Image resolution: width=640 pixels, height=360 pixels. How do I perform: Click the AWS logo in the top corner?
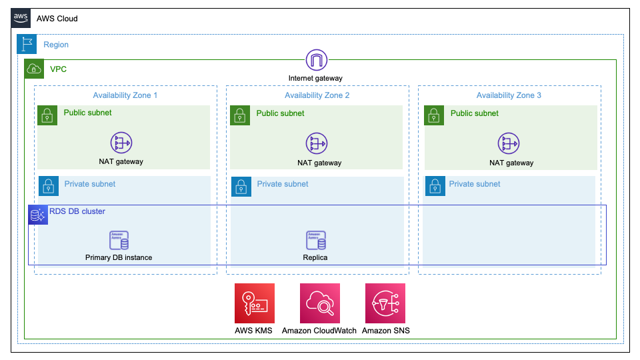click(21, 18)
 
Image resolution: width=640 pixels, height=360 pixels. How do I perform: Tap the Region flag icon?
click(27, 44)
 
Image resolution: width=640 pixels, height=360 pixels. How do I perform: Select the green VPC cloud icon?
click(34, 69)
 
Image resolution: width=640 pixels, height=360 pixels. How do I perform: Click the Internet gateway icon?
click(316, 61)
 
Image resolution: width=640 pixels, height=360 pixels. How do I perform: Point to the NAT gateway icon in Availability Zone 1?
click(121, 143)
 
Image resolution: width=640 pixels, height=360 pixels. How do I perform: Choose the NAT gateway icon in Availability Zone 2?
click(317, 144)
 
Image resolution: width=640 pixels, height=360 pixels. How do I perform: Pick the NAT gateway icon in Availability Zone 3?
click(509, 144)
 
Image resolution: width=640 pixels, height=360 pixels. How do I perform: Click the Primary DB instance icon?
click(119, 240)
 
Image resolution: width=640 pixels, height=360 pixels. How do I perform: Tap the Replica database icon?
click(316, 240)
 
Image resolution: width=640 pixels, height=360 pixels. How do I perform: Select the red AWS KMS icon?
click(255, 303)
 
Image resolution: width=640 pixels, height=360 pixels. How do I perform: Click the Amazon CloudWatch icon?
click(320, 303)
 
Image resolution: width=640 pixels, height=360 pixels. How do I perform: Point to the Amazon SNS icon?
click(385, 303)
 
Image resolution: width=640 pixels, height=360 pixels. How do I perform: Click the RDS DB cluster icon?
click(38, 215)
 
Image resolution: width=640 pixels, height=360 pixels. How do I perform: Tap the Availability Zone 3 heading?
click(509, 95)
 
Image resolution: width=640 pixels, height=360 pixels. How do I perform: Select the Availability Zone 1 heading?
click(125, 95)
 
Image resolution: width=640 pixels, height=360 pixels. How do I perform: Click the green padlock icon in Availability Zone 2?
click(240, 115)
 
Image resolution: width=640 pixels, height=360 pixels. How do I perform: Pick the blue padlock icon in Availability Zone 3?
click(435, 186)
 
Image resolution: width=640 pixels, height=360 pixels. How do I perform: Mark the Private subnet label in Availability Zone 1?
click(90, 184)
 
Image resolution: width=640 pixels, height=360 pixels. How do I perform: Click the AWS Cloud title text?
click(57, 19)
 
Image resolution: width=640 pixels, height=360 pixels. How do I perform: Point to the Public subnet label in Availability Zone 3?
click(474, 113)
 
